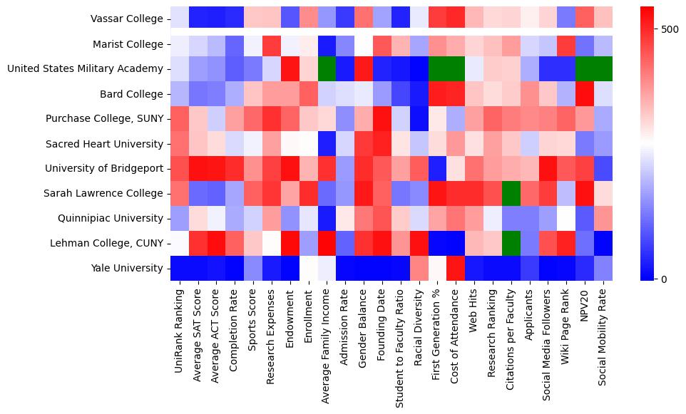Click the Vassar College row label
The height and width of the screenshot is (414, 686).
tap(127, 19)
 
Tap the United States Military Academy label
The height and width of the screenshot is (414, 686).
tap(85, 69)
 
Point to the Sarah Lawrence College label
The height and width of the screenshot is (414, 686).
tap(104, 194)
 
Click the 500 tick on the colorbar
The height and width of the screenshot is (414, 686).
tap(670, 29)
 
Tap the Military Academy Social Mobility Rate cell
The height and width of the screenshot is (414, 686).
tap(603, 69)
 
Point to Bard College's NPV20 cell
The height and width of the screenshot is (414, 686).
tap(585, 94)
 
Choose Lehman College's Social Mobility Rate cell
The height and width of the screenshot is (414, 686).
tap(603, 244)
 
